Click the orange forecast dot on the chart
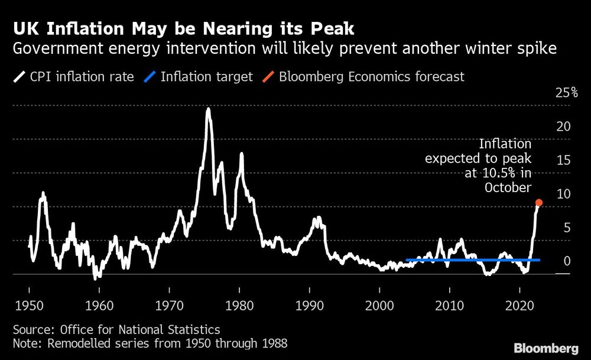538,203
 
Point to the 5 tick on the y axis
567,228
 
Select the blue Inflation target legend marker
152,76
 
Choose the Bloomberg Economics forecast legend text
371,76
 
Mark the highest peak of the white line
208,109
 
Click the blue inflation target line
473,260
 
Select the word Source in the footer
31,330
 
